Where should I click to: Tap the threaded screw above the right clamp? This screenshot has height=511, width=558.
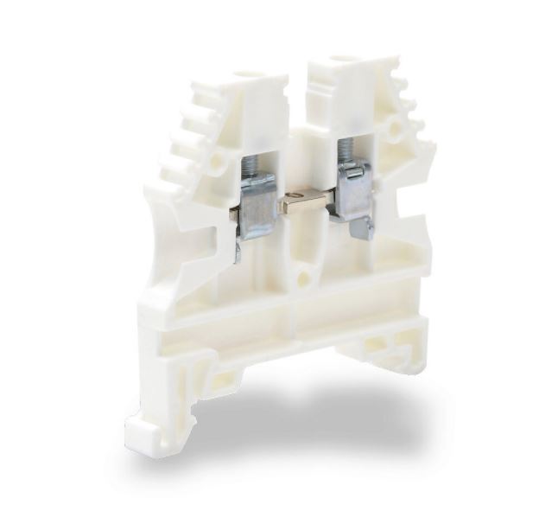click(346, 150)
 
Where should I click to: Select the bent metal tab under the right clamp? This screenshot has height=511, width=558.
click(362, 227)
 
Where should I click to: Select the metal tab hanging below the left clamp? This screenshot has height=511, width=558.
click(239, 251)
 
